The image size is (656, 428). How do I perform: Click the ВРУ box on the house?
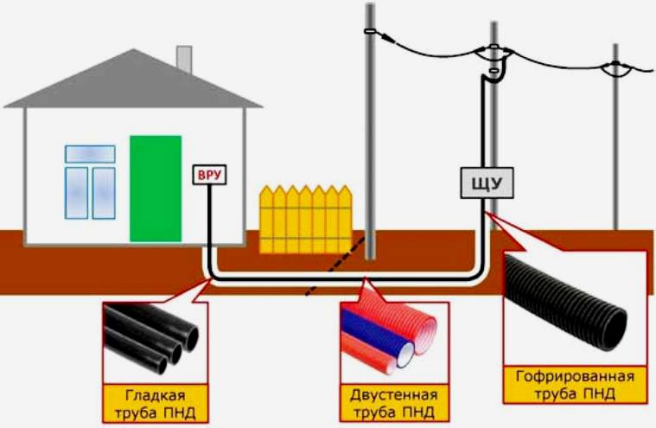[x=210, y=176]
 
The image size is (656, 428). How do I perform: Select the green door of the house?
[x=156, y=188]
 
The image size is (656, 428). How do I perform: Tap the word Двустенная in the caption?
[x=394, y=395]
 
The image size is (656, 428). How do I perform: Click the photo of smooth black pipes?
[x=154, y=339]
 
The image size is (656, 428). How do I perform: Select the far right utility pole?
[x=615, y=138]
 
